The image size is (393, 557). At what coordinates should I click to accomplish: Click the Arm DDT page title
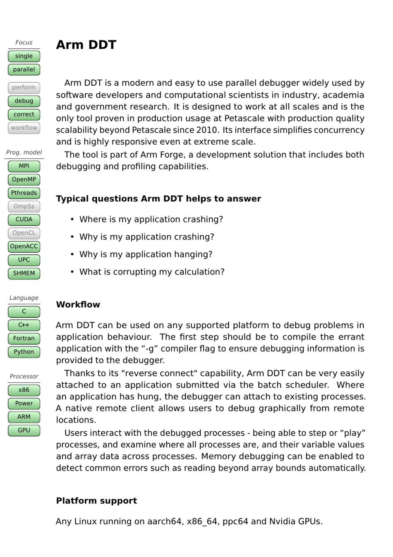(x=86, y=45)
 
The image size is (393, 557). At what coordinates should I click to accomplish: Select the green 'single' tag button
(x=24, y=56)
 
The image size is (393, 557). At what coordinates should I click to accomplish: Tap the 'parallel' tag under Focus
(x=24, y=69)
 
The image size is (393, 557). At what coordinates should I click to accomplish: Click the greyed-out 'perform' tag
(x=24, y=88)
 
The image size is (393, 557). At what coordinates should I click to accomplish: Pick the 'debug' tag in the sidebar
(x=24, y=101)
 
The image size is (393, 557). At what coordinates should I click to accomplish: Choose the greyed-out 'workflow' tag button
(x=24, y=128)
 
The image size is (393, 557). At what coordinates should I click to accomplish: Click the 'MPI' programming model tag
(x=24, y=166)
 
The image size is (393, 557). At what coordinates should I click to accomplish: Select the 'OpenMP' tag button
(x=24, y=179)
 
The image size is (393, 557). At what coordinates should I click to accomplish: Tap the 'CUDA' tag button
(x=24, y=220)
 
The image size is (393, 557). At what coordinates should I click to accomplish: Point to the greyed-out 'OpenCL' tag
(x=24, y=233)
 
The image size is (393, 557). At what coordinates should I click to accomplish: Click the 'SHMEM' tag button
(x=24, y=273)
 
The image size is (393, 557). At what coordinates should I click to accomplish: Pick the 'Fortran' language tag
(x=24, y=338)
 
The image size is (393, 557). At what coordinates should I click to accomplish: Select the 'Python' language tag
(x=24, y=352)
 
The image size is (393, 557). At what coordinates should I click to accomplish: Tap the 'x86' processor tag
(x=24, y=390)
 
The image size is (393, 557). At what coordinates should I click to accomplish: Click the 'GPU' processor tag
(x=24, y=430)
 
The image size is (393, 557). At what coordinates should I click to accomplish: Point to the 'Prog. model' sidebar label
(x=24, y=153)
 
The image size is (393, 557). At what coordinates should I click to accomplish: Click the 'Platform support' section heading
(x=96, y=501)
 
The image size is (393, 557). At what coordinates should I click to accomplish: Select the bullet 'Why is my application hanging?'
(x=146, y=254)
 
